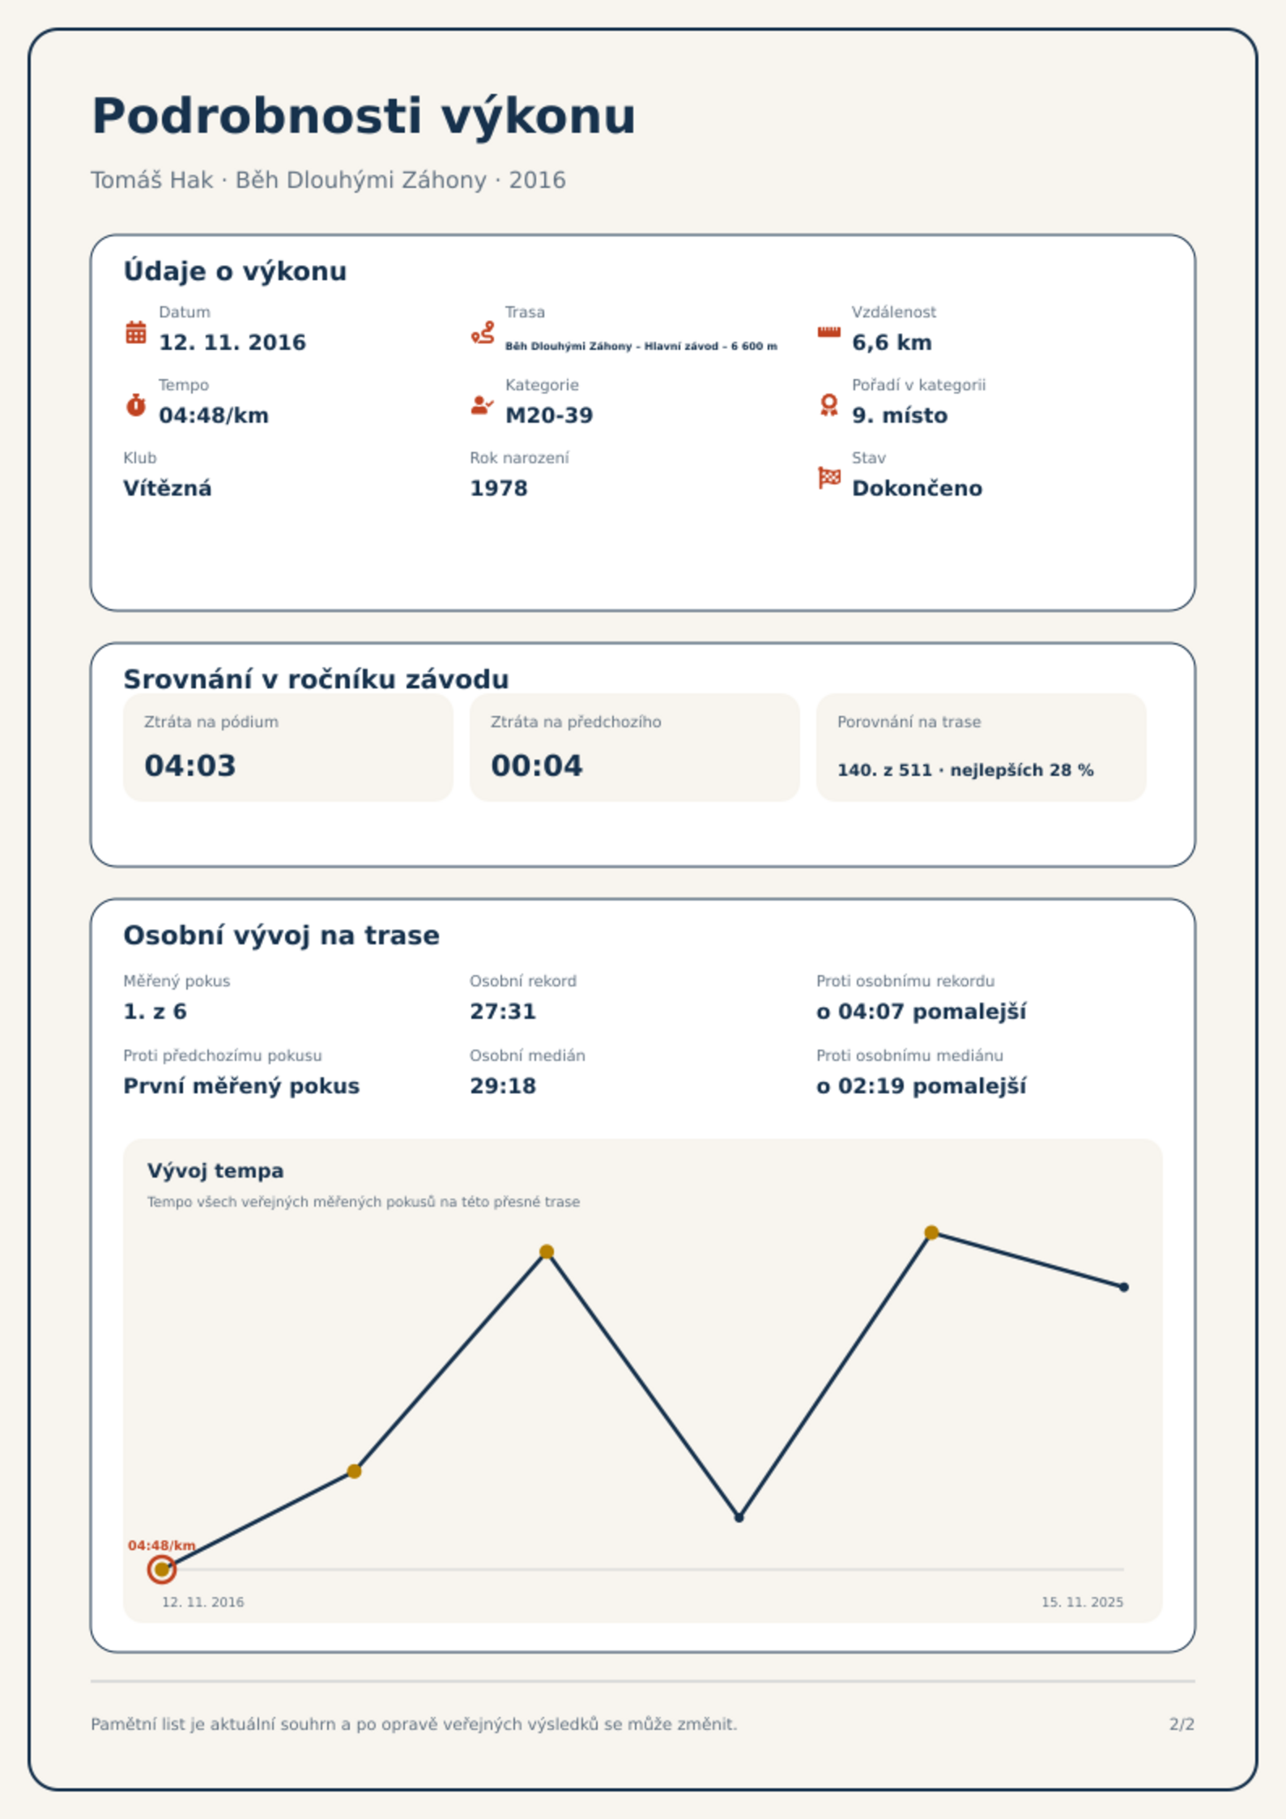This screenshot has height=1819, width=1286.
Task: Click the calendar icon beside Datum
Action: pyautogui.click(x=136, y=332)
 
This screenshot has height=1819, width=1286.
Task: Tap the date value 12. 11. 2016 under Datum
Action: pyautogui.click(x=232, y=343)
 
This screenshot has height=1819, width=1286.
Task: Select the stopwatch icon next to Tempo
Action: pyautogui.click(x=136, y=405)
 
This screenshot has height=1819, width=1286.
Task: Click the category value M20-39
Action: pyautogui.click(x=549, y=415)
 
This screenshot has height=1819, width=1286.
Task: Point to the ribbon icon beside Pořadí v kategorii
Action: pyautogui.click(x=828, y=405)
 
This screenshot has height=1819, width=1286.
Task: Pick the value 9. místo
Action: pyautogui.click(x=900, y=415)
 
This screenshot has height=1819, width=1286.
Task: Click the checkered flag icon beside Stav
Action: pyautogui.click(x=829, y=478)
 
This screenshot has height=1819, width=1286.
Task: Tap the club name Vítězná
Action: pyautogui.click(x=168, y=488)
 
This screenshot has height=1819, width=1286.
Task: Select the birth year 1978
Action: pyautogui.click(x=499, y=488)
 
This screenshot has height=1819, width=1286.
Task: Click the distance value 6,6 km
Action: pyautogui.click(x=892, y=343)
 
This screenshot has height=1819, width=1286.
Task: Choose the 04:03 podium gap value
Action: pyautogui.click(x=190, y=765)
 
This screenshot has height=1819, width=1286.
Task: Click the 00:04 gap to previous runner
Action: pyautogui.click(x=537, y=765)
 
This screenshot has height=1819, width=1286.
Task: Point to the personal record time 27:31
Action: pyautogui.click(x=503, y=1012)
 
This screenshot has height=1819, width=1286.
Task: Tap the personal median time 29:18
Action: pyautogui.click(x=503, y=1086)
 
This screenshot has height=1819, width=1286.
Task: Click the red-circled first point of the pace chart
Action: pyautogui.click(x=162, y=1570)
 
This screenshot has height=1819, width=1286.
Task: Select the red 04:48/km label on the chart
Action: pyautogui.click(x=162, y=1545)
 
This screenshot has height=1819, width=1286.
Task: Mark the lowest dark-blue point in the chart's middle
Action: pyautogui.click(x=739, y=1517)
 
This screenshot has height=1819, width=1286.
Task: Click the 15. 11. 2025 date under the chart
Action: pyautogui.click(x=1082, y=1602)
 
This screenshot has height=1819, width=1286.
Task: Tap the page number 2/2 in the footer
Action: pyautogui.click(x=1182, y=1724)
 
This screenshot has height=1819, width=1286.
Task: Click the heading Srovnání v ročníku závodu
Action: pyautogui.click(x=316, y=679)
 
